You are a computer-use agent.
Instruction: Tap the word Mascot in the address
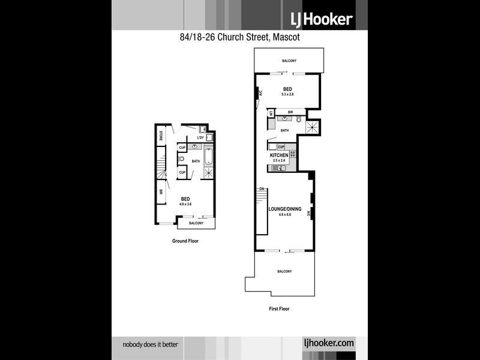(285, 37)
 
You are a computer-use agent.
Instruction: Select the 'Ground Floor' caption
(185, 241)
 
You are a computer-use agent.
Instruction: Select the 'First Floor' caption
(279, 309)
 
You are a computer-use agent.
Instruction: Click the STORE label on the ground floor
(161, 136)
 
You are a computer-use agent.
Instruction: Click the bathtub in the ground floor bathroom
(208, 158)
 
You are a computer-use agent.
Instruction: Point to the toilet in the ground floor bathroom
(181, 160)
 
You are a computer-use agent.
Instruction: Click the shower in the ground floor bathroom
(208, 173)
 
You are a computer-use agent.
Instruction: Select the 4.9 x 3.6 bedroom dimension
(186, 204)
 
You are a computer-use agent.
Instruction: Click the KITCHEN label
(279, 155)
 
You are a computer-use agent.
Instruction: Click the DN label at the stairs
(262, 189)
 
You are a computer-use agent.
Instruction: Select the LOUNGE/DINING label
(284, 209)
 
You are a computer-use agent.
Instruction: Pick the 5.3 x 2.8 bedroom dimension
(287, 94)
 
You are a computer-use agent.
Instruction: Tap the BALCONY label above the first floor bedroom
(290, 61)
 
